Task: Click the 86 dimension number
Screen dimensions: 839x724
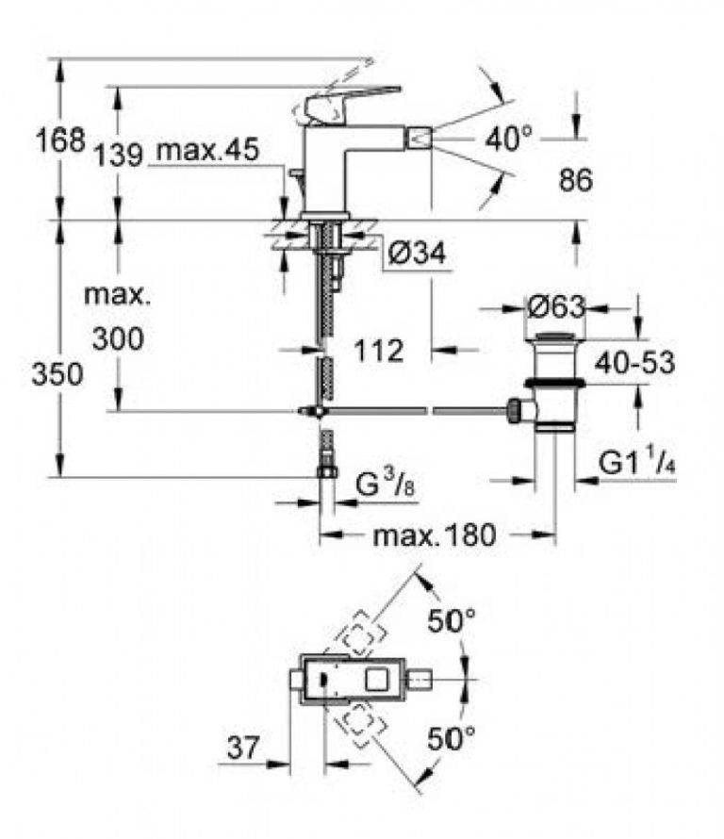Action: (574, 181)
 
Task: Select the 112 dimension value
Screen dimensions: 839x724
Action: (380, 351)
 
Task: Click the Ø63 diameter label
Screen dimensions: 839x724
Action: (555, 307)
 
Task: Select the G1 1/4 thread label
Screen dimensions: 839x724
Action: (638, 464)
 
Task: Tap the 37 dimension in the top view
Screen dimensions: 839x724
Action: (243, 749)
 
